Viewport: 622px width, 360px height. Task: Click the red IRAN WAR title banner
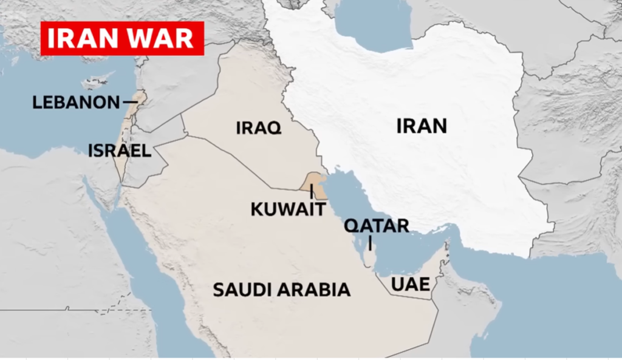122,38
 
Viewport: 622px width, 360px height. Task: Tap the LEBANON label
76,102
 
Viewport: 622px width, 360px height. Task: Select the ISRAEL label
120,151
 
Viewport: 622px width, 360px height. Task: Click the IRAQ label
258,128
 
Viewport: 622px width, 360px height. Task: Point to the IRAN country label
422,126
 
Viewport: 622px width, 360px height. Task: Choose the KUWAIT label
288,210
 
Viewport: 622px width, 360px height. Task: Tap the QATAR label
377,226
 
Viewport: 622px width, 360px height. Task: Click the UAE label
411,284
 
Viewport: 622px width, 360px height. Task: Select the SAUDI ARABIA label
282,290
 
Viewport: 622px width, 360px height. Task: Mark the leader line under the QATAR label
371,243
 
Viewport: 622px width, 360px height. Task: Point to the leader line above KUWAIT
312,191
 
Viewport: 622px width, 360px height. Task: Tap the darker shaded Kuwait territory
315,183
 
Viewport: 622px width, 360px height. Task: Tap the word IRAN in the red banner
87,38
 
